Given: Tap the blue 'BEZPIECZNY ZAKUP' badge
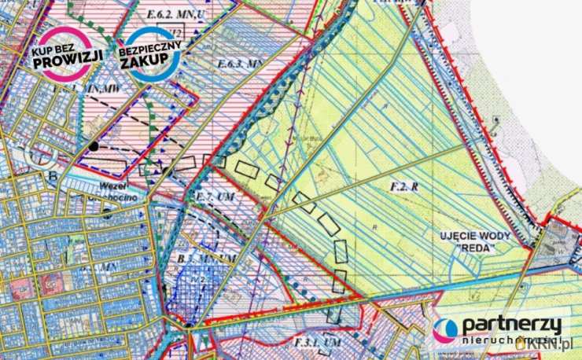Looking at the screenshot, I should tap(150, 53).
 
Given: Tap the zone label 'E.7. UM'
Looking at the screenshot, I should tap(212, 195).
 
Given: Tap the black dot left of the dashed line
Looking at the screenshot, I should tap(94, 146).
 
